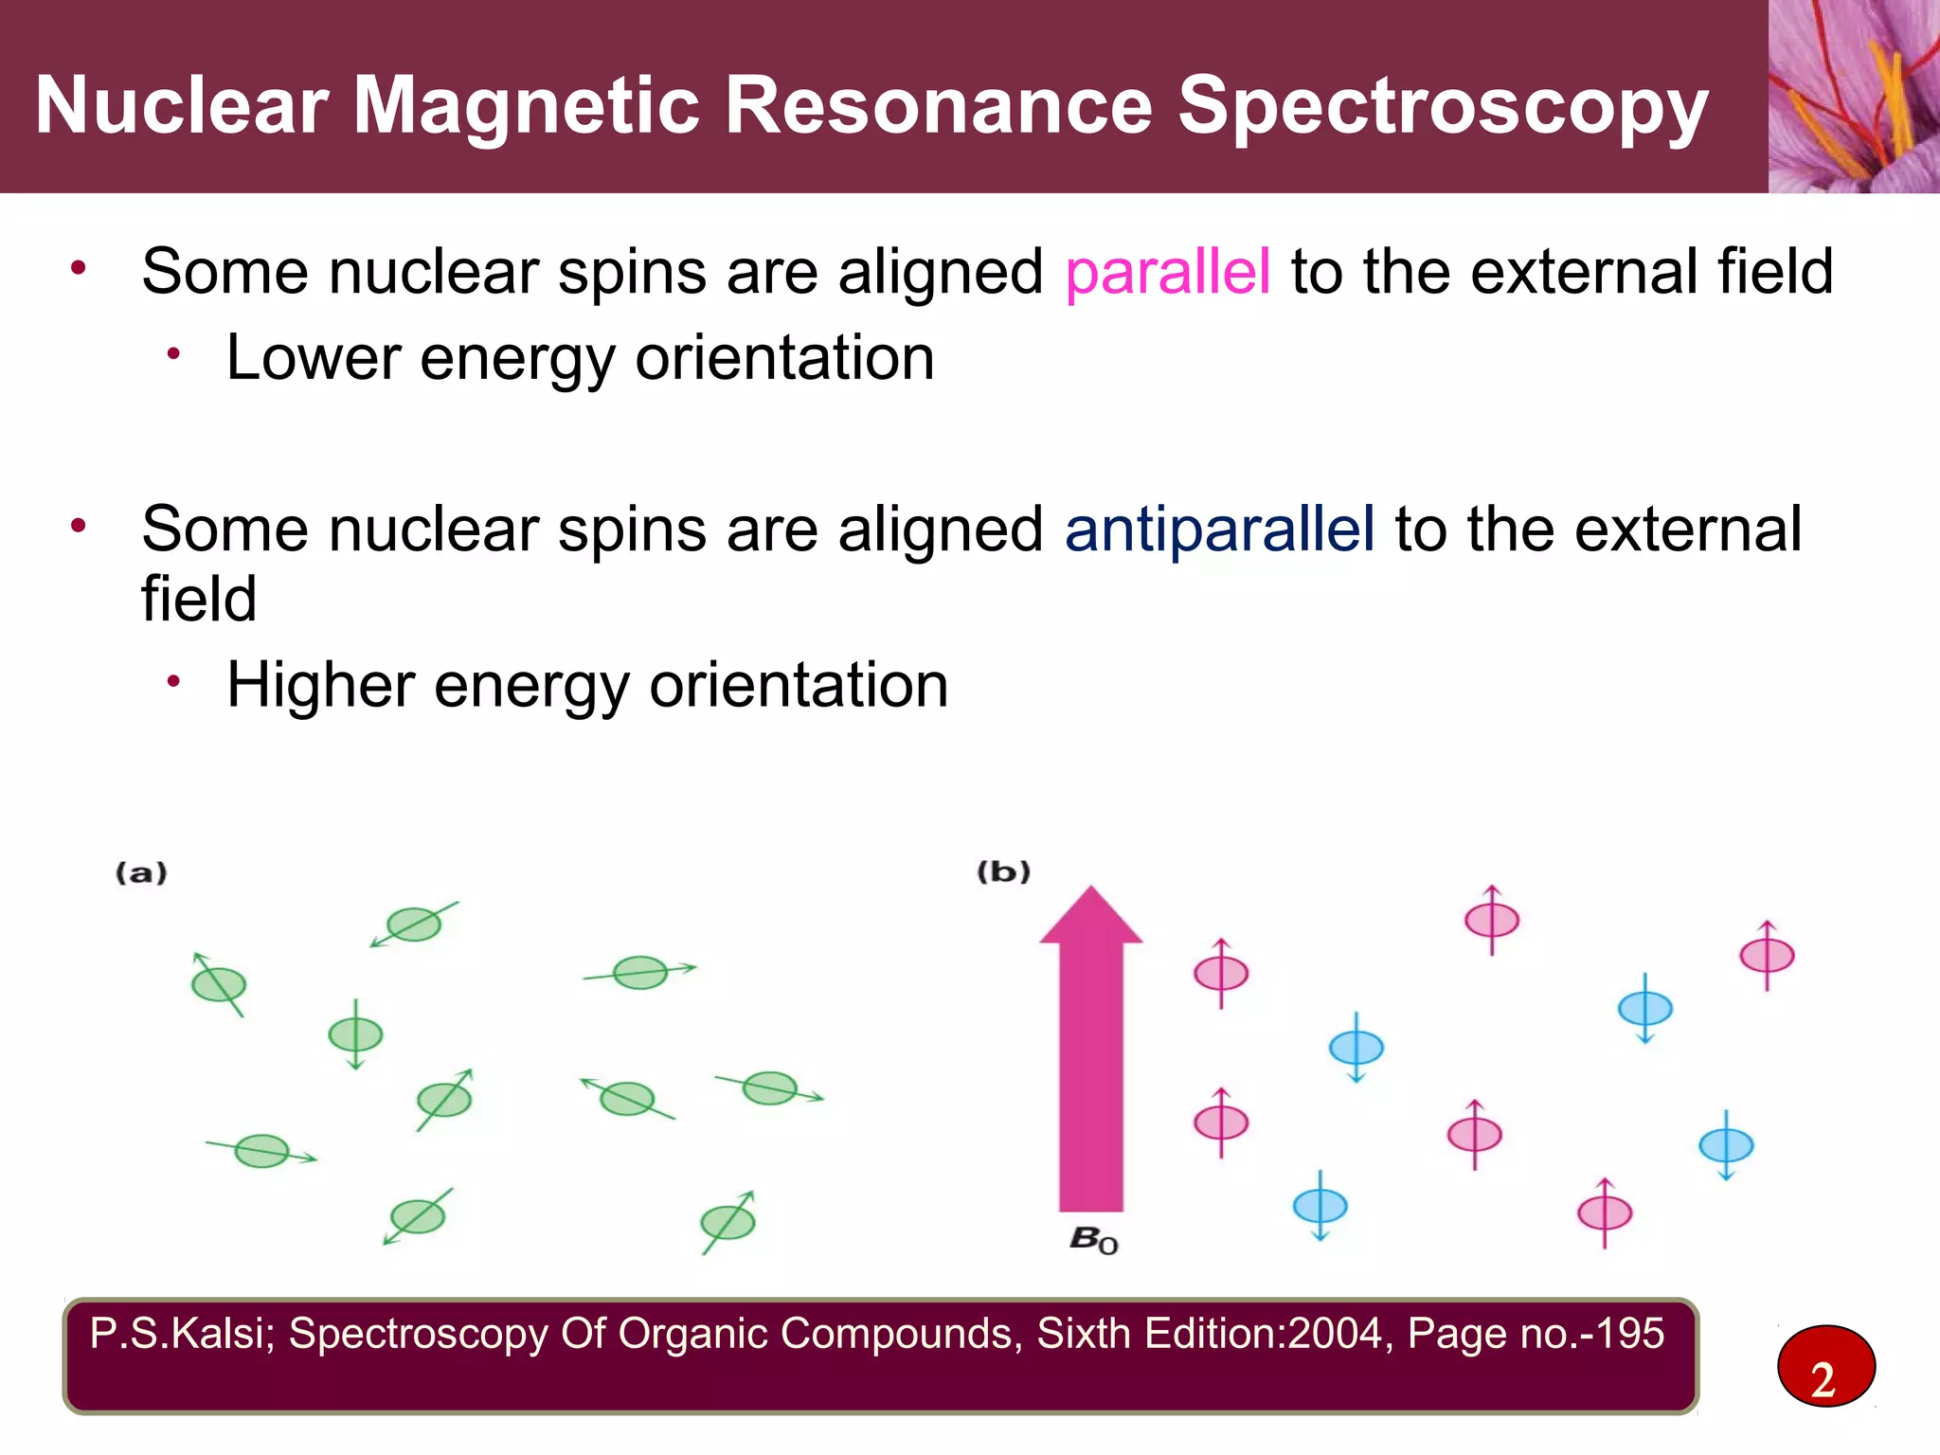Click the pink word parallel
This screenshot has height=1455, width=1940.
pyautogui.click(x=1167, y=273)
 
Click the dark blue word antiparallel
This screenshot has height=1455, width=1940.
pyautogui.click(x=1219, y=530)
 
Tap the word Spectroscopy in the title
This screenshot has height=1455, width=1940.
pyautogui.click(x=1442, y=106)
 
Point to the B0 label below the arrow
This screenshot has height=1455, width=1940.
pyautogui.click(x=1093, y=1239)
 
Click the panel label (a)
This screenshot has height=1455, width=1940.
pyautogui.click(x=141, y=872)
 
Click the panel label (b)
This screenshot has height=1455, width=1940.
pyautogui.click(x=1003, y=871)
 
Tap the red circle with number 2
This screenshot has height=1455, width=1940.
pyautogui.click(x=1825, y=1367)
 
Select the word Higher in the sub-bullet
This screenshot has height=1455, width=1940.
pyautogui.click(x=320, y=685)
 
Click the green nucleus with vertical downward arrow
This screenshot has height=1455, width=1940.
pyautogui.click(x=355, y=1034)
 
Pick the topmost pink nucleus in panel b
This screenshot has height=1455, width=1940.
pyautogui.click(x=1492, y=920)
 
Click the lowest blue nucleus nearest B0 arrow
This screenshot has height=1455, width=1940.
pyautogui.click(x=1320, y=1206)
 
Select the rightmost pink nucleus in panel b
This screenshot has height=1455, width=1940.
pyautogui.click(x=1767, y=955)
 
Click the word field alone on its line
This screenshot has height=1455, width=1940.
pyautogui.click(x=199, y=600)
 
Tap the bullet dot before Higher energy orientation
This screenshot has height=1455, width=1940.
pyautogui.click(x=173, y=682)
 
